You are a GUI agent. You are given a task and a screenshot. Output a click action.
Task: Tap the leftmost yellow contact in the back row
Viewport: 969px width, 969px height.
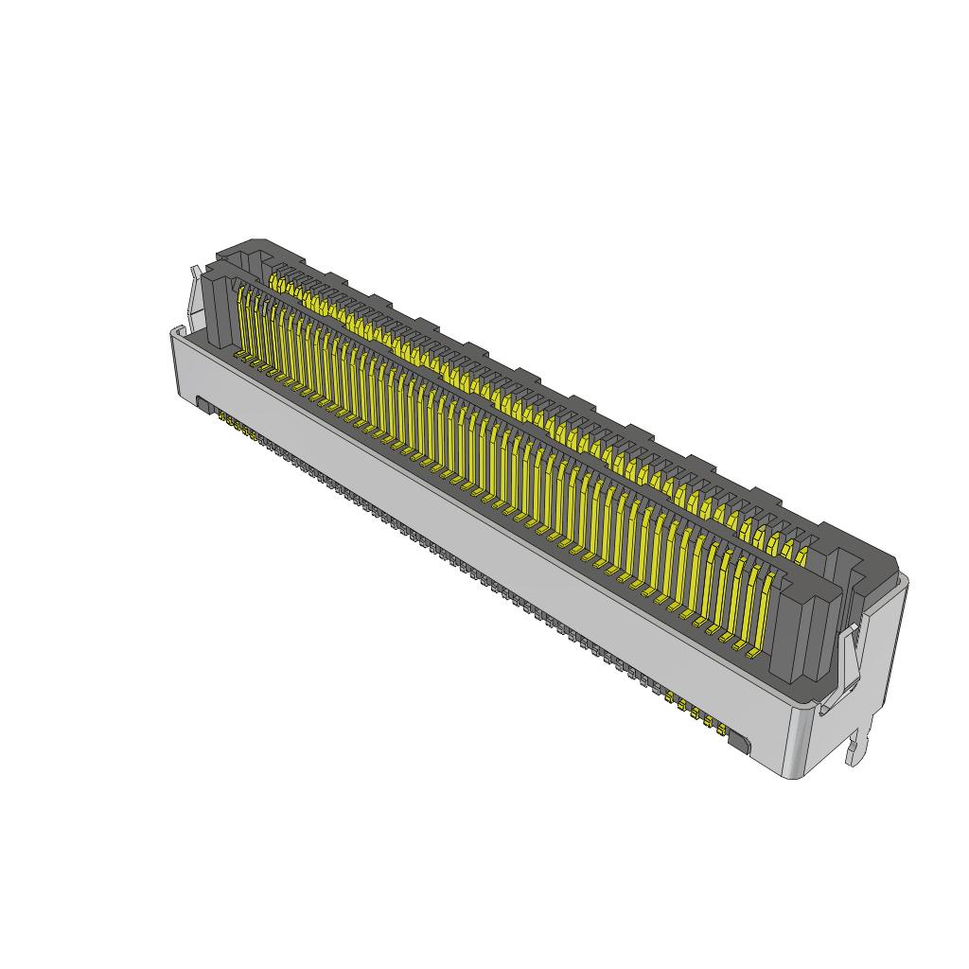276,282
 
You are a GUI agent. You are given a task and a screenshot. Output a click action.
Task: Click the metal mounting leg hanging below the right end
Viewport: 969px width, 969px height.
859,743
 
